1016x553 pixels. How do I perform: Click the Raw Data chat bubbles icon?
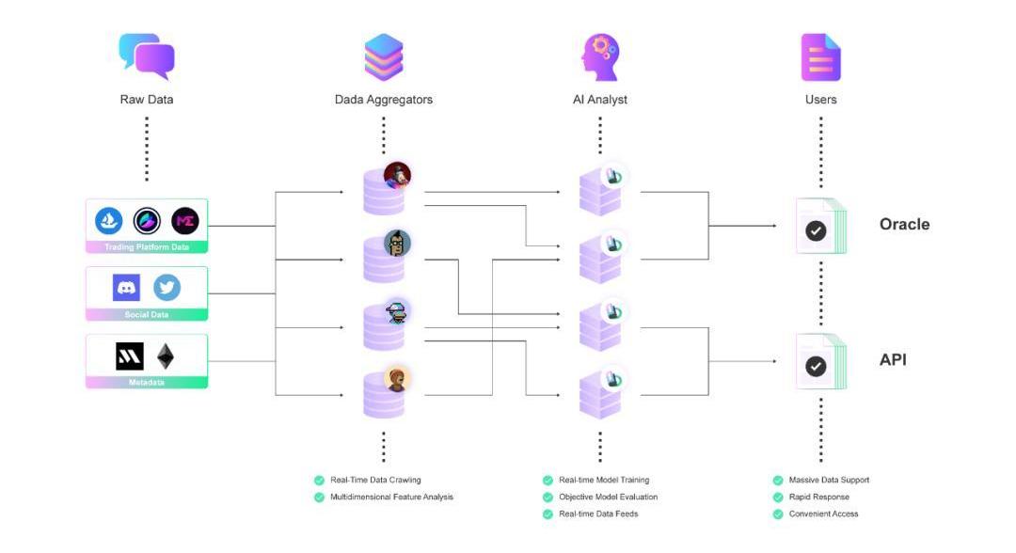point(147,56)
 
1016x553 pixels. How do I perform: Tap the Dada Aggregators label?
point(384,99)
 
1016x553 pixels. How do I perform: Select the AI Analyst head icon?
point(600,56)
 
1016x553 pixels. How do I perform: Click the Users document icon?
point(820,57)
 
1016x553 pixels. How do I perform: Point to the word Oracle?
point(904,224)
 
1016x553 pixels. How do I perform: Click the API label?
point(893,359)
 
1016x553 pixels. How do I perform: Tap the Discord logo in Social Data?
point(126,288)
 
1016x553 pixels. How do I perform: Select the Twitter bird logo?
point(167,288)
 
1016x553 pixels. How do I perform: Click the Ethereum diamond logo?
point(166,356)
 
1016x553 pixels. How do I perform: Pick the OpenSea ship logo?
point(109,221)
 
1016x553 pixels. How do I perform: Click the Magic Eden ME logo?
point(185,221)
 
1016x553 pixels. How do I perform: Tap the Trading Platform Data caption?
point(147,247)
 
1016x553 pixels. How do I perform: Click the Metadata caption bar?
point(147,383)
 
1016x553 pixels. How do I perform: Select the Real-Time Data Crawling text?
point(375,480)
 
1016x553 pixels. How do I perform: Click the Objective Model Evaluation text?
point(608,497)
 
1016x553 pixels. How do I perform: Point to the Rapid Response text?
point(818,497)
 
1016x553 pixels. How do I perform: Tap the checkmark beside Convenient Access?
point(777,513)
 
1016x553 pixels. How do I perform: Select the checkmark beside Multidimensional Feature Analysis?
point(319,497)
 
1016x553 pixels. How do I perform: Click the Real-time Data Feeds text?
point(598,513)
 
